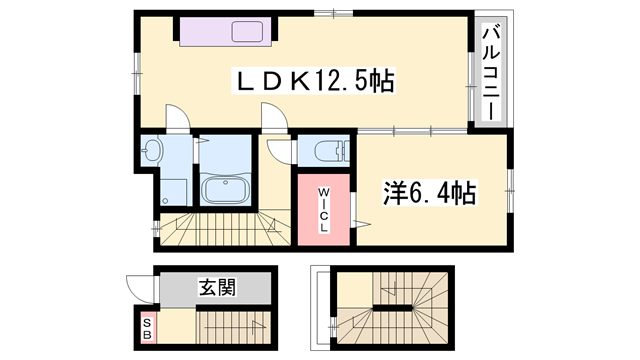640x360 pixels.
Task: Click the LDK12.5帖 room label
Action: [313, 80]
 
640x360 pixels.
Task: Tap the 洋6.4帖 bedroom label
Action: [429, 192]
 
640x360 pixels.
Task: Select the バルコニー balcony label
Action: [491, 72]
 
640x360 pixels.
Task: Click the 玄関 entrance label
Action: [217, 287]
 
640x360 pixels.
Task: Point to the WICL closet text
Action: [324, 210]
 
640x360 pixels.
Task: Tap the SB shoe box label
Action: [147, 329]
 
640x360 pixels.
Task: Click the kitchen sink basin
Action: [247, 31]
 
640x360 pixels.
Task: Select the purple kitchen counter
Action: [226, 31]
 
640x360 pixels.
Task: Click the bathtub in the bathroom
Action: [226, 190]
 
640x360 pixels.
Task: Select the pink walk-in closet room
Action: [324, 210]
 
